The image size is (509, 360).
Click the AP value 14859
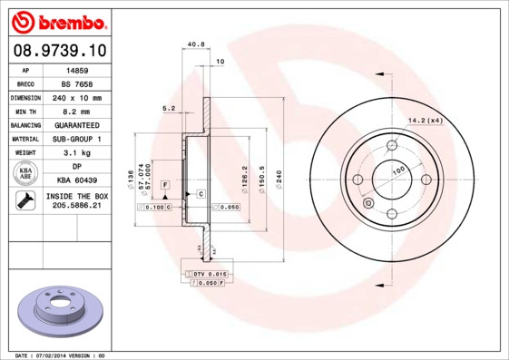point(77,69)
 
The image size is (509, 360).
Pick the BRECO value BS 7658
point(77,83)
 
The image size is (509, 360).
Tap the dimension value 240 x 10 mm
point(77,97)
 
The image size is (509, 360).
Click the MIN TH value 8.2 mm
point(77,111)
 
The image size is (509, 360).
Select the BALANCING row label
point(25,124)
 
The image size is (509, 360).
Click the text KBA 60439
point(77,180)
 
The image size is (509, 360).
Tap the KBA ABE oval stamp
point(25,173)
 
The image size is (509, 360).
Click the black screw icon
point(25,201)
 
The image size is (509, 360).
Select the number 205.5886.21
point(77,207)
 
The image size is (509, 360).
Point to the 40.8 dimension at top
point(194,44)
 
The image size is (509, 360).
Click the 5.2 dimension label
point(168,108)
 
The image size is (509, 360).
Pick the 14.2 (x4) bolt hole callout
point(425,121)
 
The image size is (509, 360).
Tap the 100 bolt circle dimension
point(397,170)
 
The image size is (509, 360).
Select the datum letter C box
point(200,195)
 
